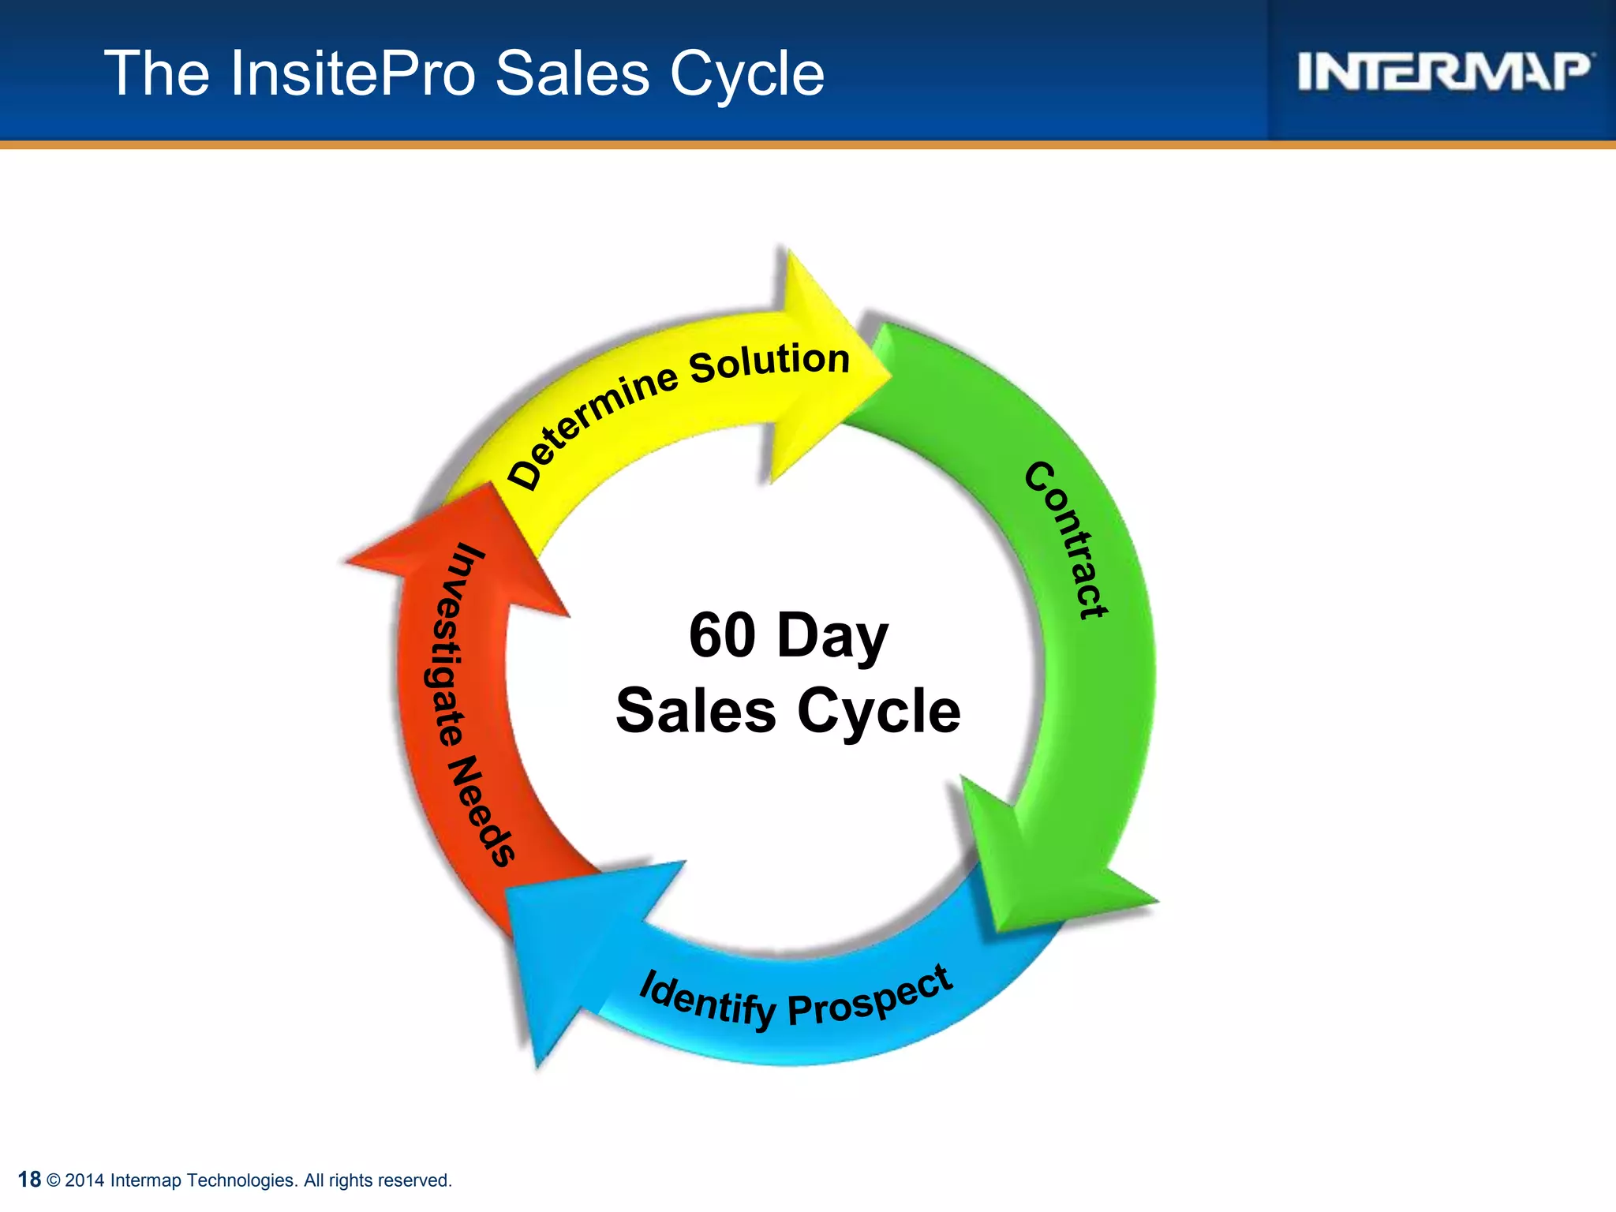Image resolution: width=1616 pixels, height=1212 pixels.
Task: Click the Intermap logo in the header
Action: click(1444, 72)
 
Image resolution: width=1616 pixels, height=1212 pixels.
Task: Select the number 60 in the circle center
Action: click(722, 635)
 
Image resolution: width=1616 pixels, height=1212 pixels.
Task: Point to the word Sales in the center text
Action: click(696, 711)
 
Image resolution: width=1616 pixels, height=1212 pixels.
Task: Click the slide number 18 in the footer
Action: click(29, 1180)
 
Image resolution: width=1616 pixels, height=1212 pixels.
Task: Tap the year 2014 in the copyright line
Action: click(84, 1180)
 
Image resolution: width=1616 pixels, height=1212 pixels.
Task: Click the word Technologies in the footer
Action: click(241, 1180)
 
